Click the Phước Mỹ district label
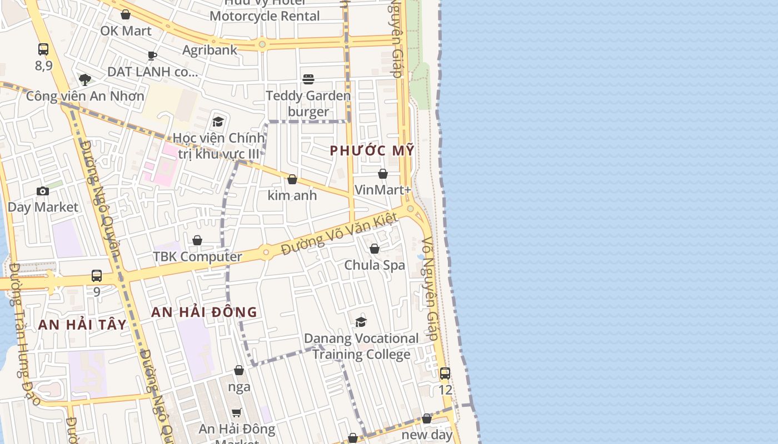(372, 150)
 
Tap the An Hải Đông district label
(204, 312)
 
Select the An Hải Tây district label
(82, 325)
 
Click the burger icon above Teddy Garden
(308, 79)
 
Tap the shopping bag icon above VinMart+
(383, 174)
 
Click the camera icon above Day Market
(43, 191)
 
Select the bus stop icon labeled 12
(445, 374)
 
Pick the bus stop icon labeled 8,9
(43, 49)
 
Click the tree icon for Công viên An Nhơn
(85, 80)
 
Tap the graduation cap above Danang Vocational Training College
(361, 322)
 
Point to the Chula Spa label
(375, 265)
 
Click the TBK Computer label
(197, 257)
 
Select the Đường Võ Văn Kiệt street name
(339, 234)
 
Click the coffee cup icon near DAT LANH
(152, 56)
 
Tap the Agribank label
(210, 50)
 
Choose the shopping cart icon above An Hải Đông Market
(237, 412)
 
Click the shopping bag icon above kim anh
(292, 179)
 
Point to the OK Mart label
(126, 31)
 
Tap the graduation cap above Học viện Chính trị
(218, 122)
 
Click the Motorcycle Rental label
(265, 16)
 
